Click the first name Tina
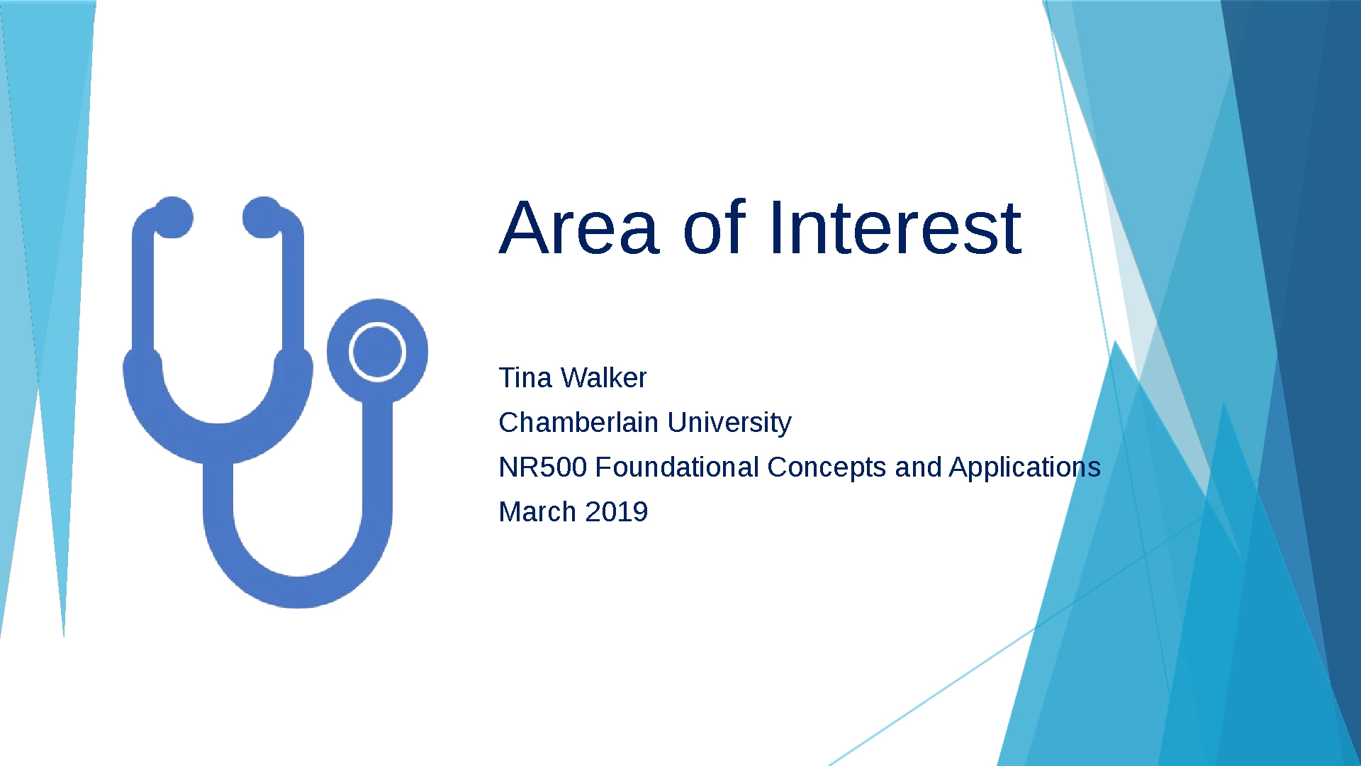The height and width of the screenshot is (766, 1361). point(525,378)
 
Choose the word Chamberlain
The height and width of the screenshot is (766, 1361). point(578,423)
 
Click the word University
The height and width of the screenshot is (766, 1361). point(729,423)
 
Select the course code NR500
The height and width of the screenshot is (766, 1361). point(543,467)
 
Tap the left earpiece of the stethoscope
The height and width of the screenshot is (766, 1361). point(172,217)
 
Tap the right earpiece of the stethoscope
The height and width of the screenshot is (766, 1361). point(263,217)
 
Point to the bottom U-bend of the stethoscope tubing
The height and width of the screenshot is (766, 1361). point(298,592)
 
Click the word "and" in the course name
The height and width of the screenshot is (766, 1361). point(918,467)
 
